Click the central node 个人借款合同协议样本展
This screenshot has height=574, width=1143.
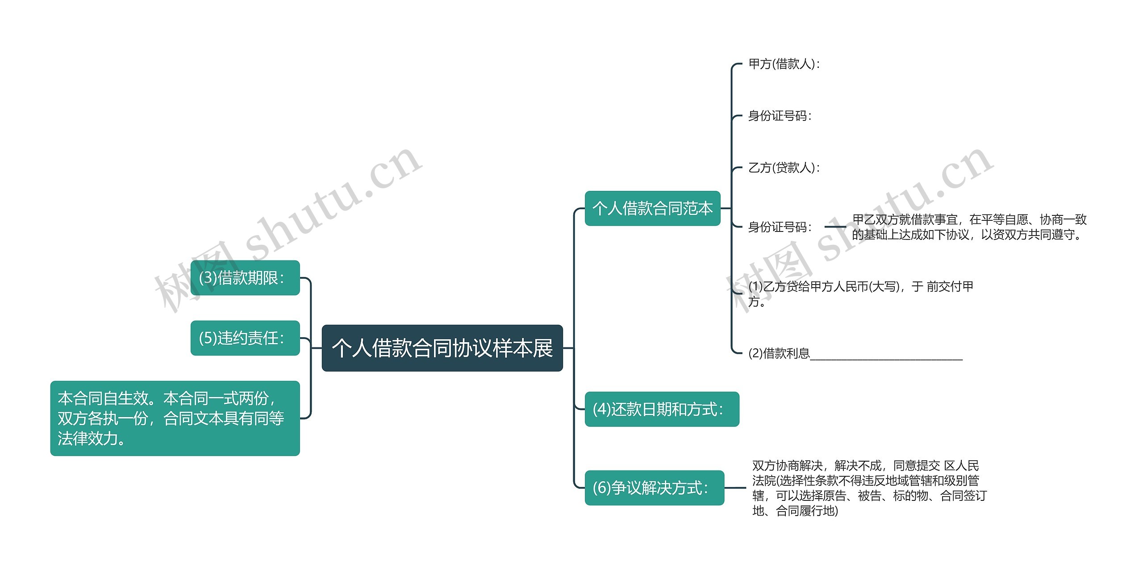(x=442, y=348)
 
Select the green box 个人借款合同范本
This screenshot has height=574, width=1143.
(x=652, y=208)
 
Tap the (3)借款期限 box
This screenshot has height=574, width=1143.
(x=245, y=278)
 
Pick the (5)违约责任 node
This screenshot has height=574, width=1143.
(x=245, y=338)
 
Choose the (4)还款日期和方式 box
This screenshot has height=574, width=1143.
(x=662, y=409)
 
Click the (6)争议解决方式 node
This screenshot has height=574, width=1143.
(x=654, y=487)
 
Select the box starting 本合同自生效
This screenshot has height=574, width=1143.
(x=175, y=418)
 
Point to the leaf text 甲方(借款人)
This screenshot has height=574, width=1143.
(x=784, y=64)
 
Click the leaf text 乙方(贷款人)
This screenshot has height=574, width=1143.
(x=784, y=168)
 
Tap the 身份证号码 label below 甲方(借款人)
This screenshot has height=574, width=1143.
(x=780, y=116)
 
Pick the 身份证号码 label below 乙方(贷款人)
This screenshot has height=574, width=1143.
(x=780, y=227)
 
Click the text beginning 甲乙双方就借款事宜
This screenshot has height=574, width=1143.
(x=969, y=227)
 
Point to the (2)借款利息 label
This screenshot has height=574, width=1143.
(x=779, y=353)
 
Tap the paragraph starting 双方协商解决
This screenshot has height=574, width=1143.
(x=869, y=487)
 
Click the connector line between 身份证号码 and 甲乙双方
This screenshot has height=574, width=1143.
(x=835, y=227)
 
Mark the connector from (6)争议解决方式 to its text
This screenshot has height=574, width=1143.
(x=735, y=487)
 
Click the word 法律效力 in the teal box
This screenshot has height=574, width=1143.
(x=88, y=439)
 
